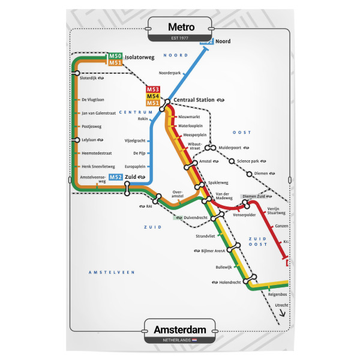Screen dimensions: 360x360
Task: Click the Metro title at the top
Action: [181, 27]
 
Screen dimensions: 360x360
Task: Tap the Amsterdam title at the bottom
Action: [180, 329]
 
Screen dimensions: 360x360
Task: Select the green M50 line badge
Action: [115, 56]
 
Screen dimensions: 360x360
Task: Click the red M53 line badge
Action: [153, 89]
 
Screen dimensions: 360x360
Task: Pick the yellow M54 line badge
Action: [153, 96]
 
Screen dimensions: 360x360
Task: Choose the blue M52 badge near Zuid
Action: [116, 177]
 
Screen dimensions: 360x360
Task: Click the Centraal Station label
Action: [194, 100]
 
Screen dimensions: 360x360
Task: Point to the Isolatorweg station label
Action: [140, 58]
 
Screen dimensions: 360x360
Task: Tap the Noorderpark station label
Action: [169, 73]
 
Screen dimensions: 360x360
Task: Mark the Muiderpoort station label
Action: [230, 147]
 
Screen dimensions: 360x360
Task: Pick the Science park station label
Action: [248, 161]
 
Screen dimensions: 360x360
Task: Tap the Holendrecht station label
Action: [230, 281]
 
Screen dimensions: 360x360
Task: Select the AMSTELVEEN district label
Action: [112, 272]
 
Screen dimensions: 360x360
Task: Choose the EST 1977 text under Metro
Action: [181, 38]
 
